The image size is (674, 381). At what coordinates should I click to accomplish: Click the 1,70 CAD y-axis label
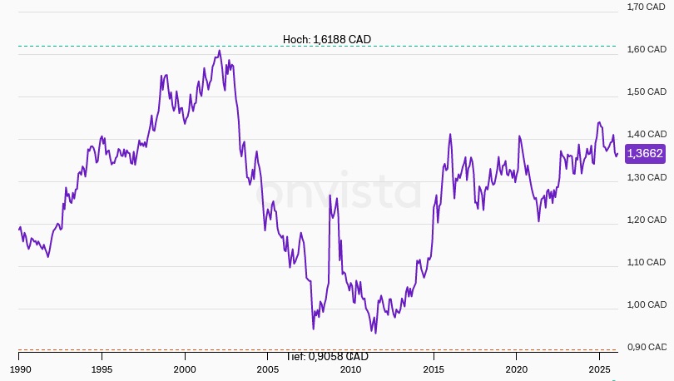click(646, 7)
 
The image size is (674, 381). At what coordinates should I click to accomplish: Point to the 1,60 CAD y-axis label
click(646, 49)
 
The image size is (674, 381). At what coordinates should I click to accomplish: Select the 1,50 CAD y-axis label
click(646, 92)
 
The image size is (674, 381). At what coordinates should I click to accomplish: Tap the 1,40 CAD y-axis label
click(646, 134)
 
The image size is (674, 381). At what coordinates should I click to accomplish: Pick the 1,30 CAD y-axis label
click(646, 177)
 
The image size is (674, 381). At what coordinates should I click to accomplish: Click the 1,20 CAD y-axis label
click(646, 220)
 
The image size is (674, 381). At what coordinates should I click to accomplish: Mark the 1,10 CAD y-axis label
click(646, 262)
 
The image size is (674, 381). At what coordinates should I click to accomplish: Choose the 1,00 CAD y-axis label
click(646, 304)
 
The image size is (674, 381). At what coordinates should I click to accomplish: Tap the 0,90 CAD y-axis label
click(646, 347)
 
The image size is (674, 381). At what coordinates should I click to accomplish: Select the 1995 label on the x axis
click(102, 368)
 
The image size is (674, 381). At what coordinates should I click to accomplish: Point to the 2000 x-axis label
click(185, 368)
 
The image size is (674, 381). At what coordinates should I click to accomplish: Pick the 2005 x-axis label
click(268, 368)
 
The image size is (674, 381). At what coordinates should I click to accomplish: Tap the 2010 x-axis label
click(350, 368)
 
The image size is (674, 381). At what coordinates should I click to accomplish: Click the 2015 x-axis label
click(434, 368)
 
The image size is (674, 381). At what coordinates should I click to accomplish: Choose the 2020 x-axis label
click(517, 368)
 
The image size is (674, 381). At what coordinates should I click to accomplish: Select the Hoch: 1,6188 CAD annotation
click(327, 39)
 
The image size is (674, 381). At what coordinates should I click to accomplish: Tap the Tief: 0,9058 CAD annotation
click(327, 357)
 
